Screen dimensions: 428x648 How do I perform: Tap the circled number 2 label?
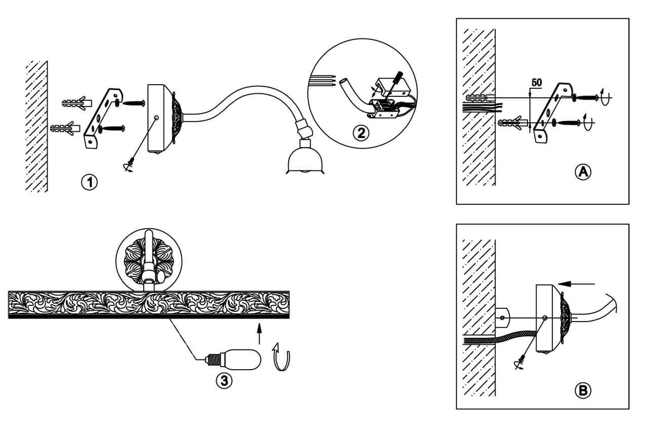click(360, 133)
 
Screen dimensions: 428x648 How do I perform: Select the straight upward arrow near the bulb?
click(259, 335)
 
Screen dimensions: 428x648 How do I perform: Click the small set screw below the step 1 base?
click(131, 165)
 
